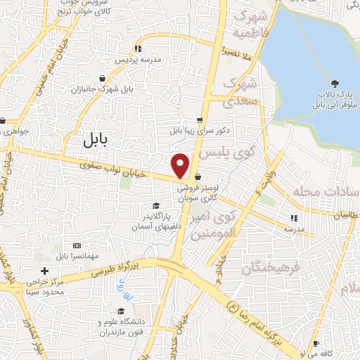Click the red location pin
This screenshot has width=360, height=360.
181,165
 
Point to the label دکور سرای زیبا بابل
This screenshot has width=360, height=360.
195,131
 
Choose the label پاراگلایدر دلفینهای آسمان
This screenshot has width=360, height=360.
156,221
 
